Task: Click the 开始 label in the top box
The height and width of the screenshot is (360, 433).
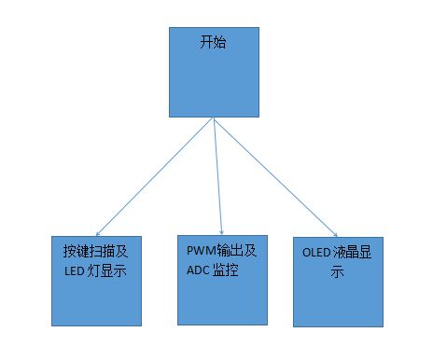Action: [214, 44]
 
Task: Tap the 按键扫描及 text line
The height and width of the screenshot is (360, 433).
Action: [94, 252]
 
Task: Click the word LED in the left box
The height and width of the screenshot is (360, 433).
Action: [73, 272]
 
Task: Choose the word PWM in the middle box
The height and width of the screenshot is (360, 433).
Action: [201, 250]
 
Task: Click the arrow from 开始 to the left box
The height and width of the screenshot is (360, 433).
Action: [154, 176]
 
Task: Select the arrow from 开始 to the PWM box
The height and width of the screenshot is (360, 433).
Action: [218, 176]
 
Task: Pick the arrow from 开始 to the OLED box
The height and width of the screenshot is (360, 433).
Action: [276, 176]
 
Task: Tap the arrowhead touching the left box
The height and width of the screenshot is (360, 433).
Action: [97, 233]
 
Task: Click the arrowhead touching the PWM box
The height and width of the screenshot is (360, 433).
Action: [222, 231]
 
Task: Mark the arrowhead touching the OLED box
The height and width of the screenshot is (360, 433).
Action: [336, 233]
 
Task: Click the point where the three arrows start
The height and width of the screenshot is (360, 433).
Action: [214, 118]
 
